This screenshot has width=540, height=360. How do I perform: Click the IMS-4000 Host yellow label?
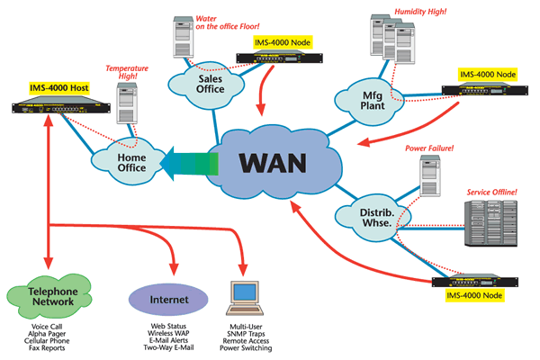click(x=59, y=88)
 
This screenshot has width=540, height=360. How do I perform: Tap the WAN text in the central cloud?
click(x=273, y=163)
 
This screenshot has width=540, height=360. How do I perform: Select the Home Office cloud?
click(x=129, y=161)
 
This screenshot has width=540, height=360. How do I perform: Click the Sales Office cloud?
click(x=207, y=85)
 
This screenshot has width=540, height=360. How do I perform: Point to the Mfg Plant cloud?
click(x=370, y=101)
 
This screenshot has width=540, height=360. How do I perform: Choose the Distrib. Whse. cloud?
click(x=373, y=217)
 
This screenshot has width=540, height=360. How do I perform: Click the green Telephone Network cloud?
click(x=49, y=296)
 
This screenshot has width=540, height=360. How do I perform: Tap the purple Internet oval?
click(x=168, y=300)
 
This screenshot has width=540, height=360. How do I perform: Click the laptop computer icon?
click(x=245, y=298)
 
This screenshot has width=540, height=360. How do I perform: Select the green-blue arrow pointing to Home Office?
click(x=189, y=164)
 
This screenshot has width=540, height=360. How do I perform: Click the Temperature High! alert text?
click(x=127, y=72)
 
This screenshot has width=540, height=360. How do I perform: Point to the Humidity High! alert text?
click(x=420, y=12)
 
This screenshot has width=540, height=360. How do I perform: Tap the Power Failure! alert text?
click(x=429, y=148)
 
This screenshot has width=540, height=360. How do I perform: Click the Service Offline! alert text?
click(x=491, y=193)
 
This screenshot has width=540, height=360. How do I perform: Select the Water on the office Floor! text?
click(x=228, y=22)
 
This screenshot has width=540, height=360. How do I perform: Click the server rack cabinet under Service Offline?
click(x=490, y=223)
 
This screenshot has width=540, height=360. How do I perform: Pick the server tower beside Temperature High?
click(x=127, y=103)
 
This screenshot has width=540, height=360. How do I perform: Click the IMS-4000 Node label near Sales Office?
click(x=283, y=42)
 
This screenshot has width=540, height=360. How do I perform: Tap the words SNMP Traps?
click(x=246, y=334)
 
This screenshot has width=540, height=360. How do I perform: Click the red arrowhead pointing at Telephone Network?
click(x=49, y=263)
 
